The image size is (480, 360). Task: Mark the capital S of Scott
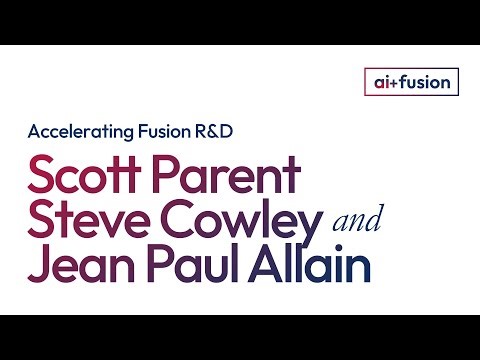42,177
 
